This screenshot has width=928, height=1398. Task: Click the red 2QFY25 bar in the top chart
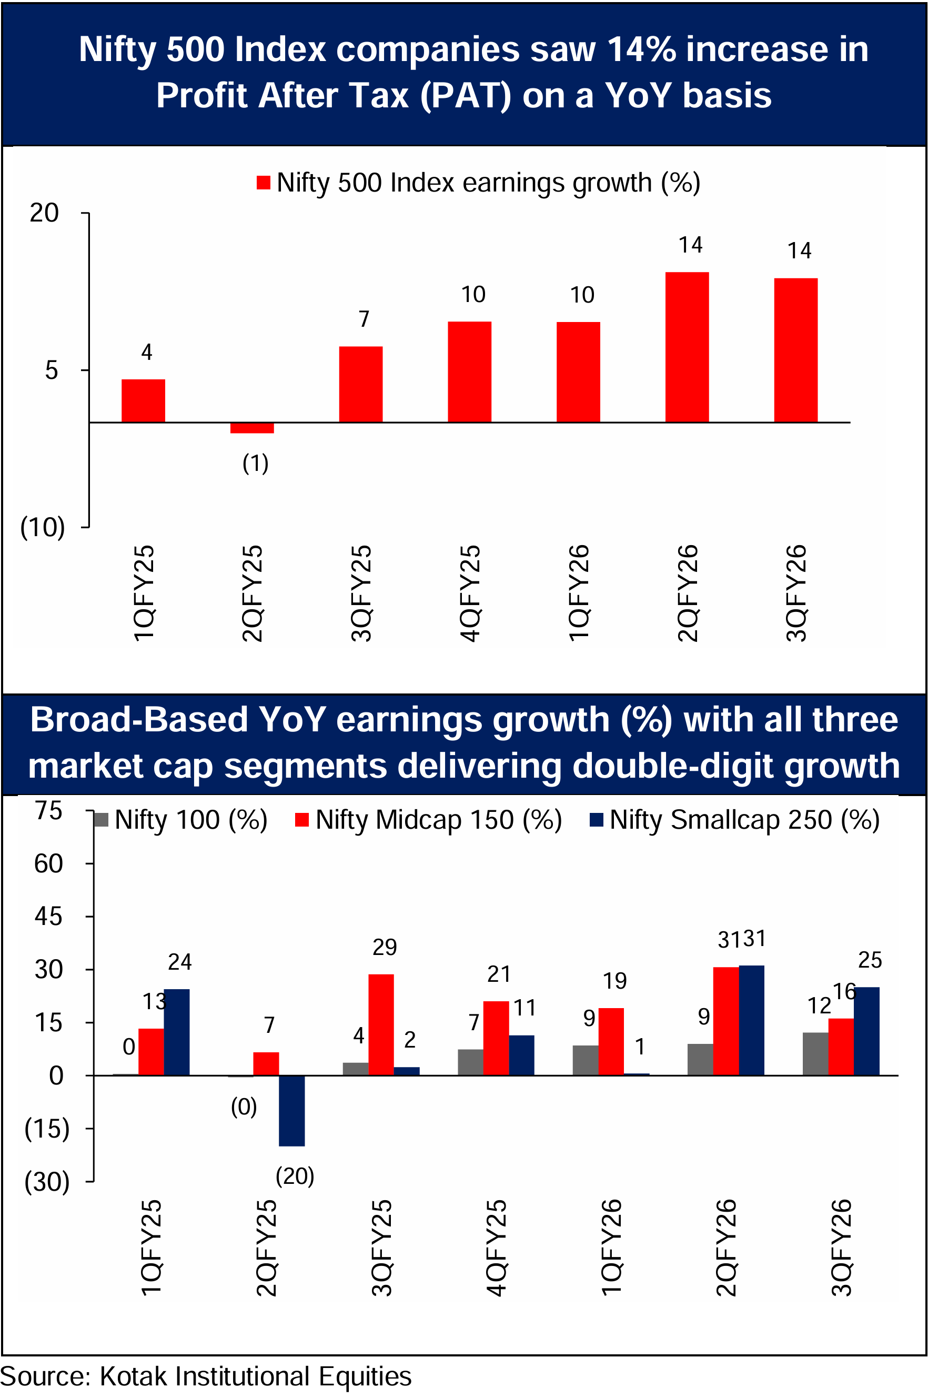251,428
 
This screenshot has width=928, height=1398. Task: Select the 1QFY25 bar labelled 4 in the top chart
143,401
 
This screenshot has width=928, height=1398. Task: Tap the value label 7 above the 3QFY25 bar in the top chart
364,319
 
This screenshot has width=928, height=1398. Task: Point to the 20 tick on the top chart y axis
44,213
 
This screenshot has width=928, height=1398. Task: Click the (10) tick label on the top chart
43,527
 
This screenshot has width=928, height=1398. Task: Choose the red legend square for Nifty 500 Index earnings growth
264,183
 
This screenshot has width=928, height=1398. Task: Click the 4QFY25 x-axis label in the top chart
470,594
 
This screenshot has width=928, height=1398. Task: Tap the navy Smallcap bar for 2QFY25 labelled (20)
292,1110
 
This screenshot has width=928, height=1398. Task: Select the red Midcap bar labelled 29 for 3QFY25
380,1024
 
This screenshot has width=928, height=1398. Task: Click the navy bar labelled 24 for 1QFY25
176,1032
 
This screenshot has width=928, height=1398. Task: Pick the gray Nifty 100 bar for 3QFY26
815,1053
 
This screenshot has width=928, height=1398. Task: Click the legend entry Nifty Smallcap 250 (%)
734,820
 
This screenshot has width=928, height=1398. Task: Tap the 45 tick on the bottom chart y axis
48,917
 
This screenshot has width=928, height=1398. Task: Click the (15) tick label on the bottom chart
47,1129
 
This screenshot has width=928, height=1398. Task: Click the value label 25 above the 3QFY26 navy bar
870,960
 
